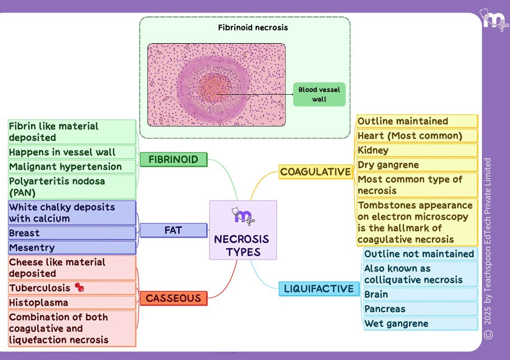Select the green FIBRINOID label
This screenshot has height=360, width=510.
173,160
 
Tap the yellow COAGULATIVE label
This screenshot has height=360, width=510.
315,172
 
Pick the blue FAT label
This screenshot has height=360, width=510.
173,230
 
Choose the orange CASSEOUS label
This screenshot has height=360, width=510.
173,298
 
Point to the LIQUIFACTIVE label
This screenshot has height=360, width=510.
319,289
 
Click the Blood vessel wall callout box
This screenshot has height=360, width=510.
319,94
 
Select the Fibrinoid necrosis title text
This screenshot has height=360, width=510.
245,27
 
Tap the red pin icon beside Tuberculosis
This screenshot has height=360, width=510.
80,288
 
